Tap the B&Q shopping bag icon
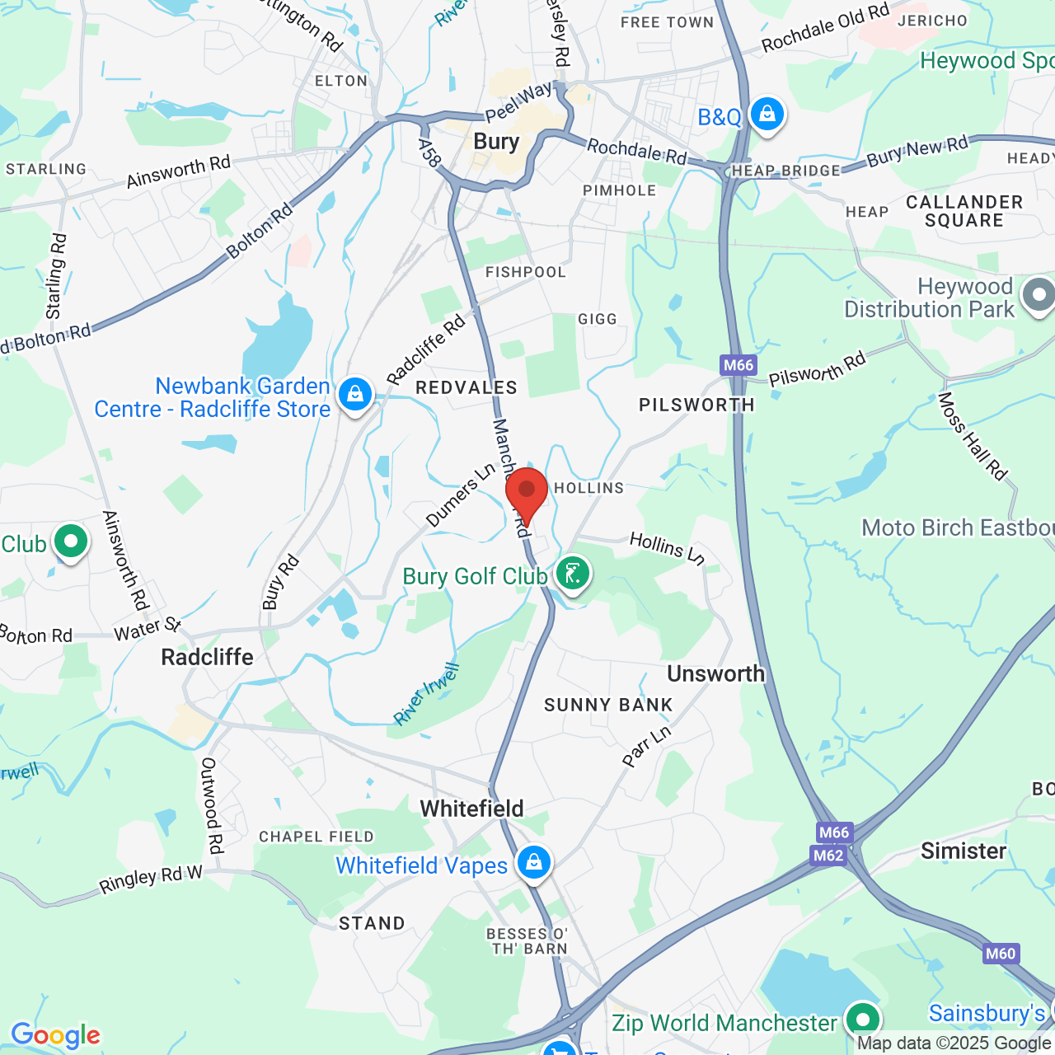(767, 115)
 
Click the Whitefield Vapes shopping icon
(534, 863)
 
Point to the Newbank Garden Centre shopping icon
(355, 396)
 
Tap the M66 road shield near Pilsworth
(738, 365)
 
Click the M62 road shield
(828, 855)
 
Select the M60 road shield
(1000, 954)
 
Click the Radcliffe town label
(207, 657)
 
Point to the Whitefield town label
(471, 809)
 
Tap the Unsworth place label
(715, 673)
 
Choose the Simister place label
(963, 851)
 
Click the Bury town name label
(496, 142)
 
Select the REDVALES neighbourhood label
(467, 387)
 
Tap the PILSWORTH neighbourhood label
(696, 405)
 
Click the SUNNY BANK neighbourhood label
(608, 705)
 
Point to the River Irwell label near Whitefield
(426, 694)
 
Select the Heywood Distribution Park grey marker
(1038, 295)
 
